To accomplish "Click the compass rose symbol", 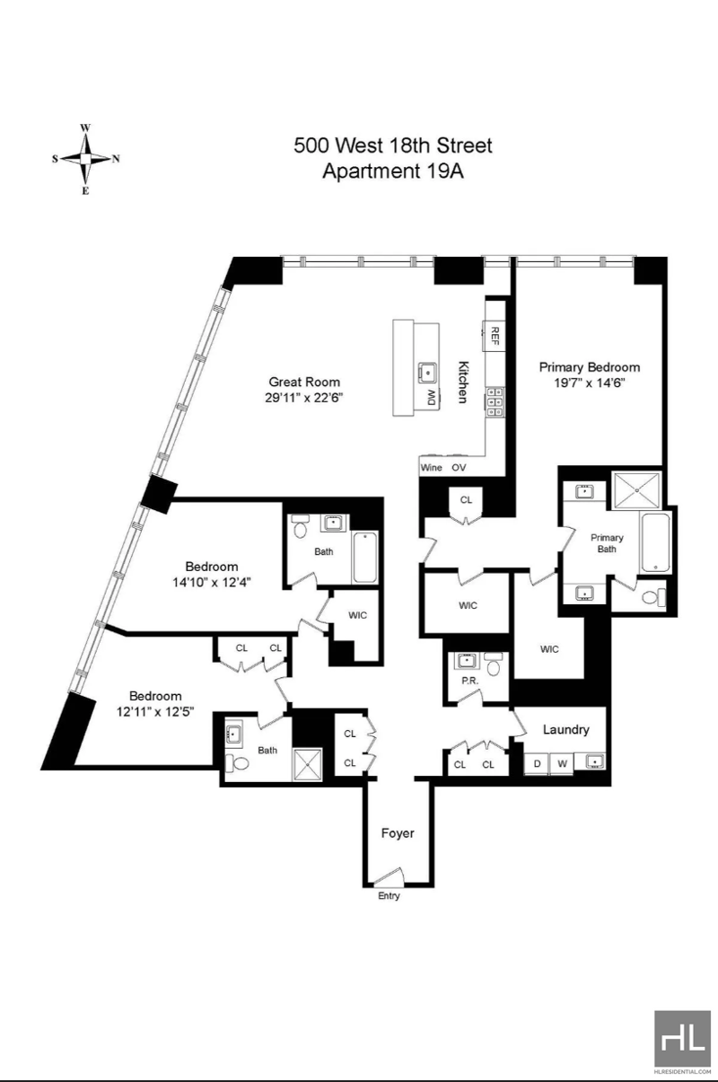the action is [x=85, y=159].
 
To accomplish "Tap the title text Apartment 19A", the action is [x=393, y=171].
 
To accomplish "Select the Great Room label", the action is [x=304, y=383].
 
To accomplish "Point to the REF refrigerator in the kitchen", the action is [x=495, y=336].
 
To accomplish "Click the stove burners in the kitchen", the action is [x=495, y=402].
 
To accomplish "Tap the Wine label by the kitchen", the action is [x=431, y=468].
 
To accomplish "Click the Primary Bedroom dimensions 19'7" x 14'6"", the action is [x=590, y=383].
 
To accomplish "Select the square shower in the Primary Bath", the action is [x=636, y=489].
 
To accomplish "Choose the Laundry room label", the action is [x=566, y=729].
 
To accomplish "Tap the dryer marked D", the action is [x=537, y=763].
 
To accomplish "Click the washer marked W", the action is [x=562, y=763].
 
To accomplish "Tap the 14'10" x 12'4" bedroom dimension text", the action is [x=212, y=583].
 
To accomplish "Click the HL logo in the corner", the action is [x=682, y=1042].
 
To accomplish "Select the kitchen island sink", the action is [x=428, y=373].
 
